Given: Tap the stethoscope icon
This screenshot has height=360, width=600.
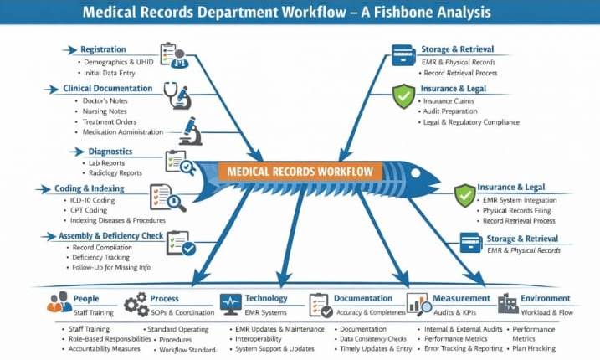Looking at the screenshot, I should point(177,95).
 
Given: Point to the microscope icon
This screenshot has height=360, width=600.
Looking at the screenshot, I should point(189,131).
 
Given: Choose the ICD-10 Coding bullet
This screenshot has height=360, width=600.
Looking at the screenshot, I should point(95,200).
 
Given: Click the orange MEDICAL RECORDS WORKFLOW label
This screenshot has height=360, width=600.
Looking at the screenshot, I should point(300,171).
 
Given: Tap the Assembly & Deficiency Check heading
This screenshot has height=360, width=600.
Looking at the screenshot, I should point(110,236).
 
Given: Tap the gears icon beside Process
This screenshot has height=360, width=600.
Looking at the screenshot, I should point(136,305).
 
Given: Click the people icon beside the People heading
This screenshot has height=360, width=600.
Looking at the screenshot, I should point(59,303).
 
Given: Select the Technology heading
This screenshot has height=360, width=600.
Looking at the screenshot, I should point(266,298).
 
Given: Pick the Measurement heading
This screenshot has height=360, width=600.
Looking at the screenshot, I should point(461,298).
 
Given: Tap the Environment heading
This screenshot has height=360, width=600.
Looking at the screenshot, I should point(545,298).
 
